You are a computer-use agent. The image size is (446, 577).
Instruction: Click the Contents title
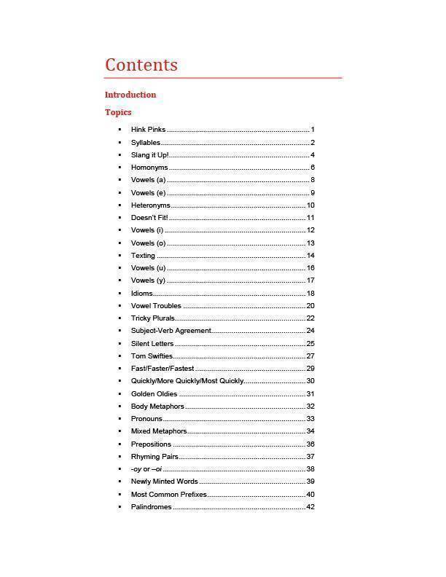[141, 65]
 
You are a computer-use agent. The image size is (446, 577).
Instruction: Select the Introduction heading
[130, 95]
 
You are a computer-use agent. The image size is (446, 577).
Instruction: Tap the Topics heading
[118, 112]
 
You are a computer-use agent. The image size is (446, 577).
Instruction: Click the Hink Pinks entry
[148, 130]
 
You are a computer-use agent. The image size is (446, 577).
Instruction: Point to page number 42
[310, 507]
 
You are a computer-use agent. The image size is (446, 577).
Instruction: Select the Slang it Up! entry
[149, 155]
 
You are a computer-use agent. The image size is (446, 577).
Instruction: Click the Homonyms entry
[149, 168]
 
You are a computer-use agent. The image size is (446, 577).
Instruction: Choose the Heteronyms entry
[150, 205]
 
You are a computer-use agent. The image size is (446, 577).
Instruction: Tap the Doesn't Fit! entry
[149, 218]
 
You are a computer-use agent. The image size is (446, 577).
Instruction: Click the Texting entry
[143, 256]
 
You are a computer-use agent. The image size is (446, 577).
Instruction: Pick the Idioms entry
[141, 294]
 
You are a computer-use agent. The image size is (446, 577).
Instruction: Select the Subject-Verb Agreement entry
[171, 331]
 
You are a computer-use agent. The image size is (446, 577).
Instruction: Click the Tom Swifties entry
[152, 356]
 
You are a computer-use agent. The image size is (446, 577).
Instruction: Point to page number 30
[310, 381]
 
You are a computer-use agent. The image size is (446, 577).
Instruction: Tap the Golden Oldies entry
[154, 394]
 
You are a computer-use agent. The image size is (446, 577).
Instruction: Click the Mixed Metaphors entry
[158, 431]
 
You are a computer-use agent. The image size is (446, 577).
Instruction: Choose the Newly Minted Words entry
[164, 482]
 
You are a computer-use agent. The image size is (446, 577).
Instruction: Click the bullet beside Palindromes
[120, 507]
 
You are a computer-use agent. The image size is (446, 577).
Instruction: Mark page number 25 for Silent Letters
[310, 344]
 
